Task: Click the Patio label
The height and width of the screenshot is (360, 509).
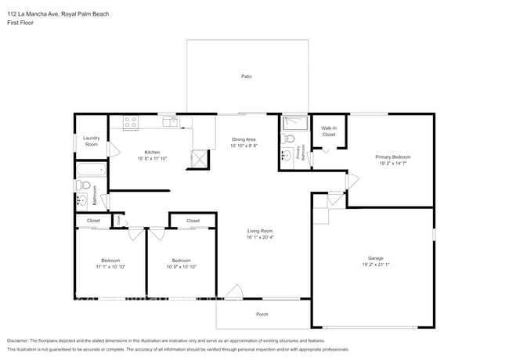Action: point(246,76)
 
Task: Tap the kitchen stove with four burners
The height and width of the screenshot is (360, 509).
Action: point(130,122)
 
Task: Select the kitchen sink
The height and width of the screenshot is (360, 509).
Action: point(169,121)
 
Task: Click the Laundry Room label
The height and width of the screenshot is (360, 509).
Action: point(92,142)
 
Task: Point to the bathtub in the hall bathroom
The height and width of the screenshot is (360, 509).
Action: point(91,170)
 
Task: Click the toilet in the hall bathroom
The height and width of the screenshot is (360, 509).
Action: point(83,185)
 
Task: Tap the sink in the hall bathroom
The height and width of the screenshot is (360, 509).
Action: point(81,201)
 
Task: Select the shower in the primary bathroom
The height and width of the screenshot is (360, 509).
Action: point(295,123)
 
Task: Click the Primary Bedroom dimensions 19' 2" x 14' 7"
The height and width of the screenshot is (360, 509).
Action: point(393,164)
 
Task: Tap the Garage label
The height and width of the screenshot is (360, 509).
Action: point(376,257)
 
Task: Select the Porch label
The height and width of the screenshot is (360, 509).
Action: point(262,314)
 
